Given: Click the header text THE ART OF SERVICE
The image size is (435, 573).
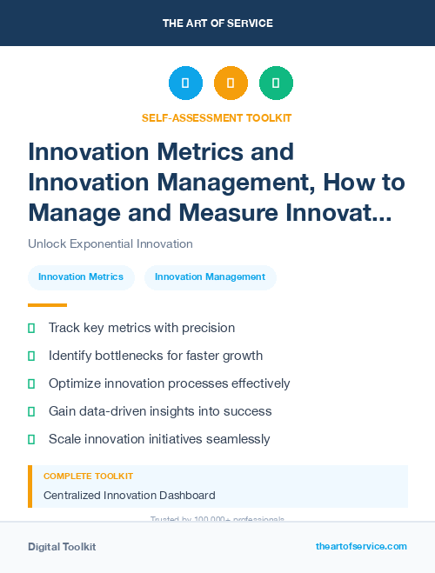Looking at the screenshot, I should click(x=217, y=23).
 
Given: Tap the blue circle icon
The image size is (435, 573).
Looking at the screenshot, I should click(x=185, y=83).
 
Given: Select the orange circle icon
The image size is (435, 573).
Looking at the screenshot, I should click(x=231, y=83).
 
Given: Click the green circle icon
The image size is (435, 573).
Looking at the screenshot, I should click(x=276, y=83).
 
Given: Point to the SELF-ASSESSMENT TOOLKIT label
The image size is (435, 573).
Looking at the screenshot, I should click(x=217, y=117).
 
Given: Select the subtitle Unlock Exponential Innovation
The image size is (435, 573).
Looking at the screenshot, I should click(x=110, y=243).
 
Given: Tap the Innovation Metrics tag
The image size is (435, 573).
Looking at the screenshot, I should click(x=81, y=277).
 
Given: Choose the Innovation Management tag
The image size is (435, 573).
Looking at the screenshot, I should click(x=210, y=277).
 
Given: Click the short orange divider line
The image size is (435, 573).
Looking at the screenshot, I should click(x=47, y=305).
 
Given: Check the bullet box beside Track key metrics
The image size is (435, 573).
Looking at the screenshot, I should click(x=32, y=328).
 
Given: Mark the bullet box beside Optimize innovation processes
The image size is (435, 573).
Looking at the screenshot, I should click(x=32, y=383).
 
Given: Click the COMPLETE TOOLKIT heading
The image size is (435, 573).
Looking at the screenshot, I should click(x=88, y=476).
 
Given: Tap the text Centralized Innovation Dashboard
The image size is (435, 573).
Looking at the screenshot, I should click(x=129, y=496).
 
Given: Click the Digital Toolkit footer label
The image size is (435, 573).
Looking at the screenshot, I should click(x=62, y=547).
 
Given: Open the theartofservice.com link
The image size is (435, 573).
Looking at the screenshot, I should click(x=361, y=546).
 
